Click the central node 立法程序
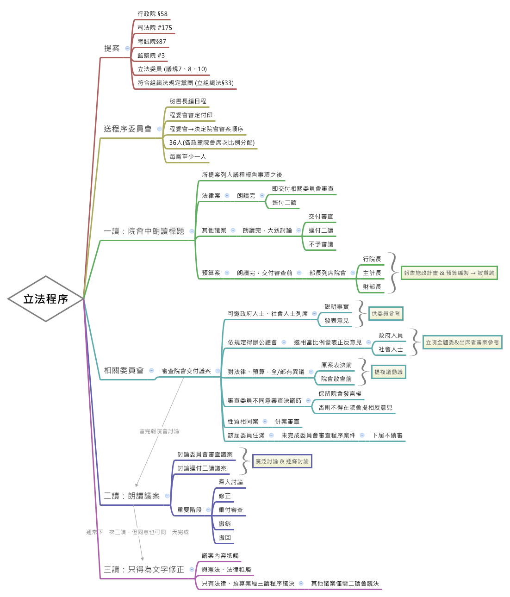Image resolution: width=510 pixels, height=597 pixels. (46, 299)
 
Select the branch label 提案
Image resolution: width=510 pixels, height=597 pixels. (112, 48)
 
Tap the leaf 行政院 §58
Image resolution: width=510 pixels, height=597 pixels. (152, 14)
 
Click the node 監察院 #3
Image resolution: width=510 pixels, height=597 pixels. (151, 56)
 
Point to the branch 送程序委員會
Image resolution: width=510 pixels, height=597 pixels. (128, 129)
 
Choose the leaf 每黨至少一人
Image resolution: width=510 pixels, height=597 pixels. (187, 157)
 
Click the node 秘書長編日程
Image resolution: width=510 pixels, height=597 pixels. (187, 101)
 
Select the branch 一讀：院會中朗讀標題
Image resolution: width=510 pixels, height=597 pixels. (144, 231)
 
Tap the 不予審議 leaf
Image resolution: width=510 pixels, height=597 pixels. (321, 244)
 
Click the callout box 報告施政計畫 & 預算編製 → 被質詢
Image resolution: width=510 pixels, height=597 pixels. (449, 273)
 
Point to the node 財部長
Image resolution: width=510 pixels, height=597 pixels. (372, 287)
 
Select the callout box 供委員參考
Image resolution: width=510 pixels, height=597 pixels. (386, 314)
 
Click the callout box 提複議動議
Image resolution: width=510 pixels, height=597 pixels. (388, 372)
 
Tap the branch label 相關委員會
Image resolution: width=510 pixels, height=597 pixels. (124, 370)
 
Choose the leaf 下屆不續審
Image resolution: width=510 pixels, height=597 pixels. (387, 435)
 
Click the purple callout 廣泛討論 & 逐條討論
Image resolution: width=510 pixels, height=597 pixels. (282, 461)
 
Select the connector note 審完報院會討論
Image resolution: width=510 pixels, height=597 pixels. (159, 431)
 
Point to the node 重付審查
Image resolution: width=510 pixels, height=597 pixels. (230, 510)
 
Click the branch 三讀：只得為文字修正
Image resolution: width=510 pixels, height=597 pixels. (144, 569)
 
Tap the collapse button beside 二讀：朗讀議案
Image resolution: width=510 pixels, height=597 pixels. (167, 496)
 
